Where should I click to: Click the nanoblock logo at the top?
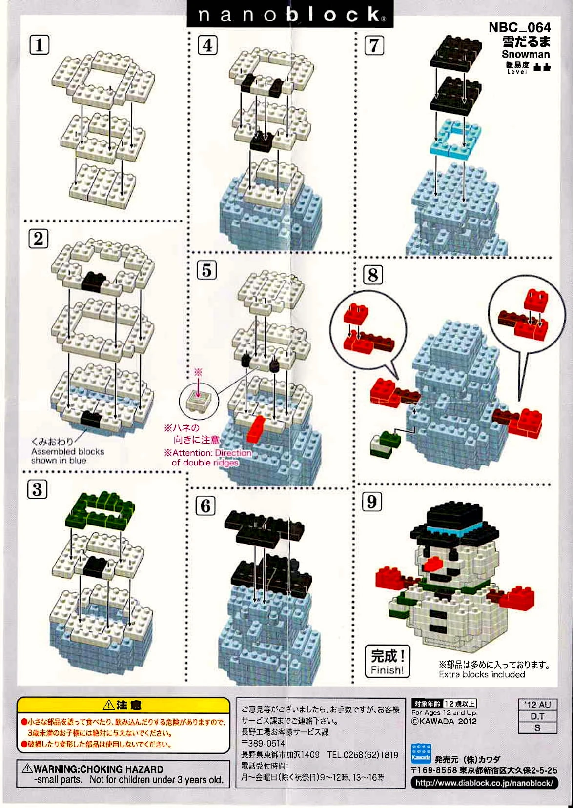click(x=290, y=15)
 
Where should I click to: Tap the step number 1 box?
click(x=40, y=45)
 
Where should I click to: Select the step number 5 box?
click(x=206, y=270)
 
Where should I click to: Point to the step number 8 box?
click(x=373, y=275)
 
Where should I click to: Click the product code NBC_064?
click(x=519, y=27)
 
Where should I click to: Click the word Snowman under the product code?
click(x=525, y=54)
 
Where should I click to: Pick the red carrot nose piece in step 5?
click(x=256, y=428)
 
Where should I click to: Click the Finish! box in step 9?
click(x=388, y=661)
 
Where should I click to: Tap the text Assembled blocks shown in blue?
click(x=67, y=456)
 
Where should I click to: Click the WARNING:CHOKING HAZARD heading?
click(x=98, y=769)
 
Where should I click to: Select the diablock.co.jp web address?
click(x=484, y=783)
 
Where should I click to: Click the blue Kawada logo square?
click(x=421, y=752)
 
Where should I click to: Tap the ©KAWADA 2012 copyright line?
click(x=444, y=721)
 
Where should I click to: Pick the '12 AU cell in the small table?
click(x=537, y=705)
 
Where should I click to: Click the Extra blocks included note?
click(x=481, y=674)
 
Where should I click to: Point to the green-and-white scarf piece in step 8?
click(x=385, y=444)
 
